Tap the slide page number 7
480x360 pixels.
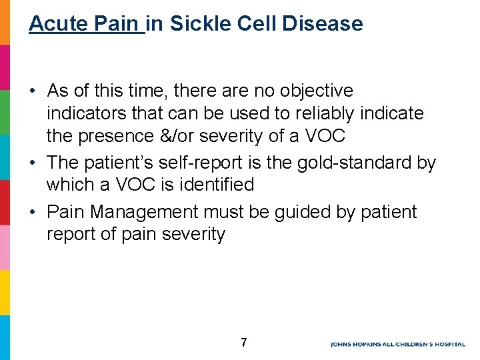(x=243, y=343)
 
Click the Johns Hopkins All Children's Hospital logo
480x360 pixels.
(x=397, y=344)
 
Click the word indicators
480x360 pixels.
(x=83, y=113)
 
